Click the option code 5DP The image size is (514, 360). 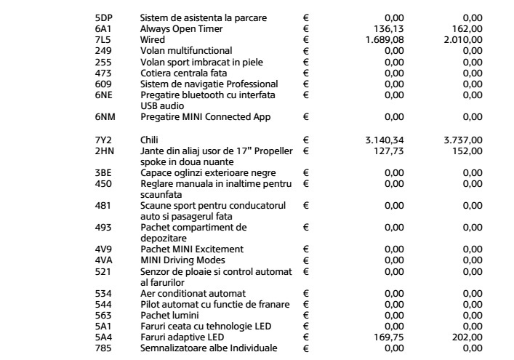[x=105, y=17]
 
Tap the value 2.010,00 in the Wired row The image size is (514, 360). [x=465, y=39]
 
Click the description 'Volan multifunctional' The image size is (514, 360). [x=187, y=51]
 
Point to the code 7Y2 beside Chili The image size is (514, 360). [x=105, y=137]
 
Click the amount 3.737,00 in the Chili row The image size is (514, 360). [x=465, y=137]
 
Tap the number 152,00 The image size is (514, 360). [x=470, y=148]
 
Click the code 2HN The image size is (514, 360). [x=105, y=148]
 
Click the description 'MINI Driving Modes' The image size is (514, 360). [x=182, y=260]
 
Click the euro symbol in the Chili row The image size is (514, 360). [x=306, y=137]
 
